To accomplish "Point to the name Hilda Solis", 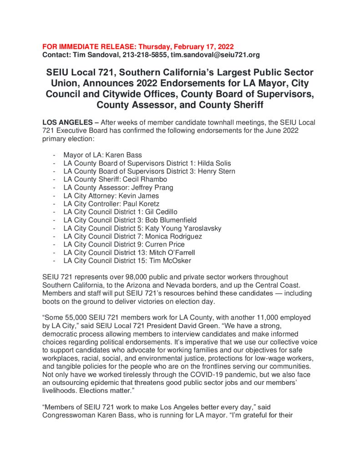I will coord(214,163).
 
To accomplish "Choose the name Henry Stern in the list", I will coord(216,171).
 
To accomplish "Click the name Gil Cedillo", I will coord(161,212).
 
